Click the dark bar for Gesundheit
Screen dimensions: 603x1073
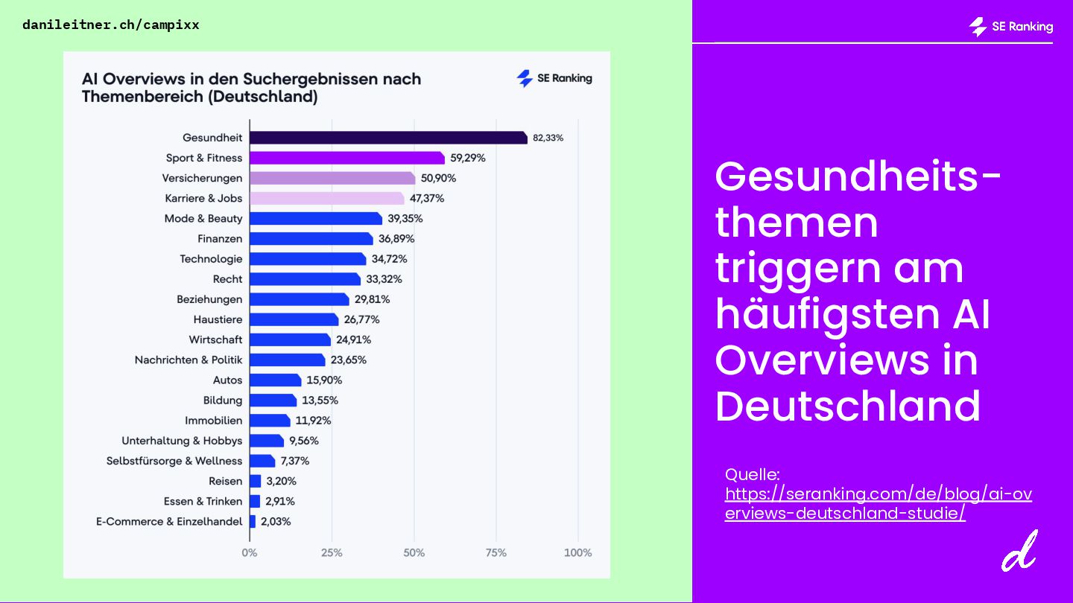(x=387, y=138)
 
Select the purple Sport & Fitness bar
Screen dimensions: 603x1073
(x=346, y=158)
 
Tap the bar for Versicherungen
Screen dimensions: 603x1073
(x=332, y=178)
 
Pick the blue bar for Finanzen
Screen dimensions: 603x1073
(x=311, y=238)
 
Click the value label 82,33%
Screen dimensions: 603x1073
(x=548, y=138)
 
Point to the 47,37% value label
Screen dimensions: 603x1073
(x=427, y=198)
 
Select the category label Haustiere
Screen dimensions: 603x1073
(x=218, y=319)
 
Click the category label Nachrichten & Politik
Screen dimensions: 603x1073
(x=189, y=360)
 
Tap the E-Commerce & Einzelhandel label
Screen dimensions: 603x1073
(x=169, y=521)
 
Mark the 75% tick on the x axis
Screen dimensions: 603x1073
(x=496, y=552)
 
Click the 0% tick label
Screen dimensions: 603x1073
(x=250, y=552)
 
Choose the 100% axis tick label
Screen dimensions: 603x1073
(x=577, y=552)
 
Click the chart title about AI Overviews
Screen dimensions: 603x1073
(x=251, y=87)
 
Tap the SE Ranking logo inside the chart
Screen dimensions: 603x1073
(x=554, y=78)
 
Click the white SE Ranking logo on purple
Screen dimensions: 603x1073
(x=1011, y=27)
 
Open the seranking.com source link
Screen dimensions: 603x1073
(x=878, y=503)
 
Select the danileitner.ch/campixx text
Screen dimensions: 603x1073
(x=111, y=25)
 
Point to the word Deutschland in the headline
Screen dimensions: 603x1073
(x=847, y=406)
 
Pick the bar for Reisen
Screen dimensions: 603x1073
(x=255, y=481)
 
